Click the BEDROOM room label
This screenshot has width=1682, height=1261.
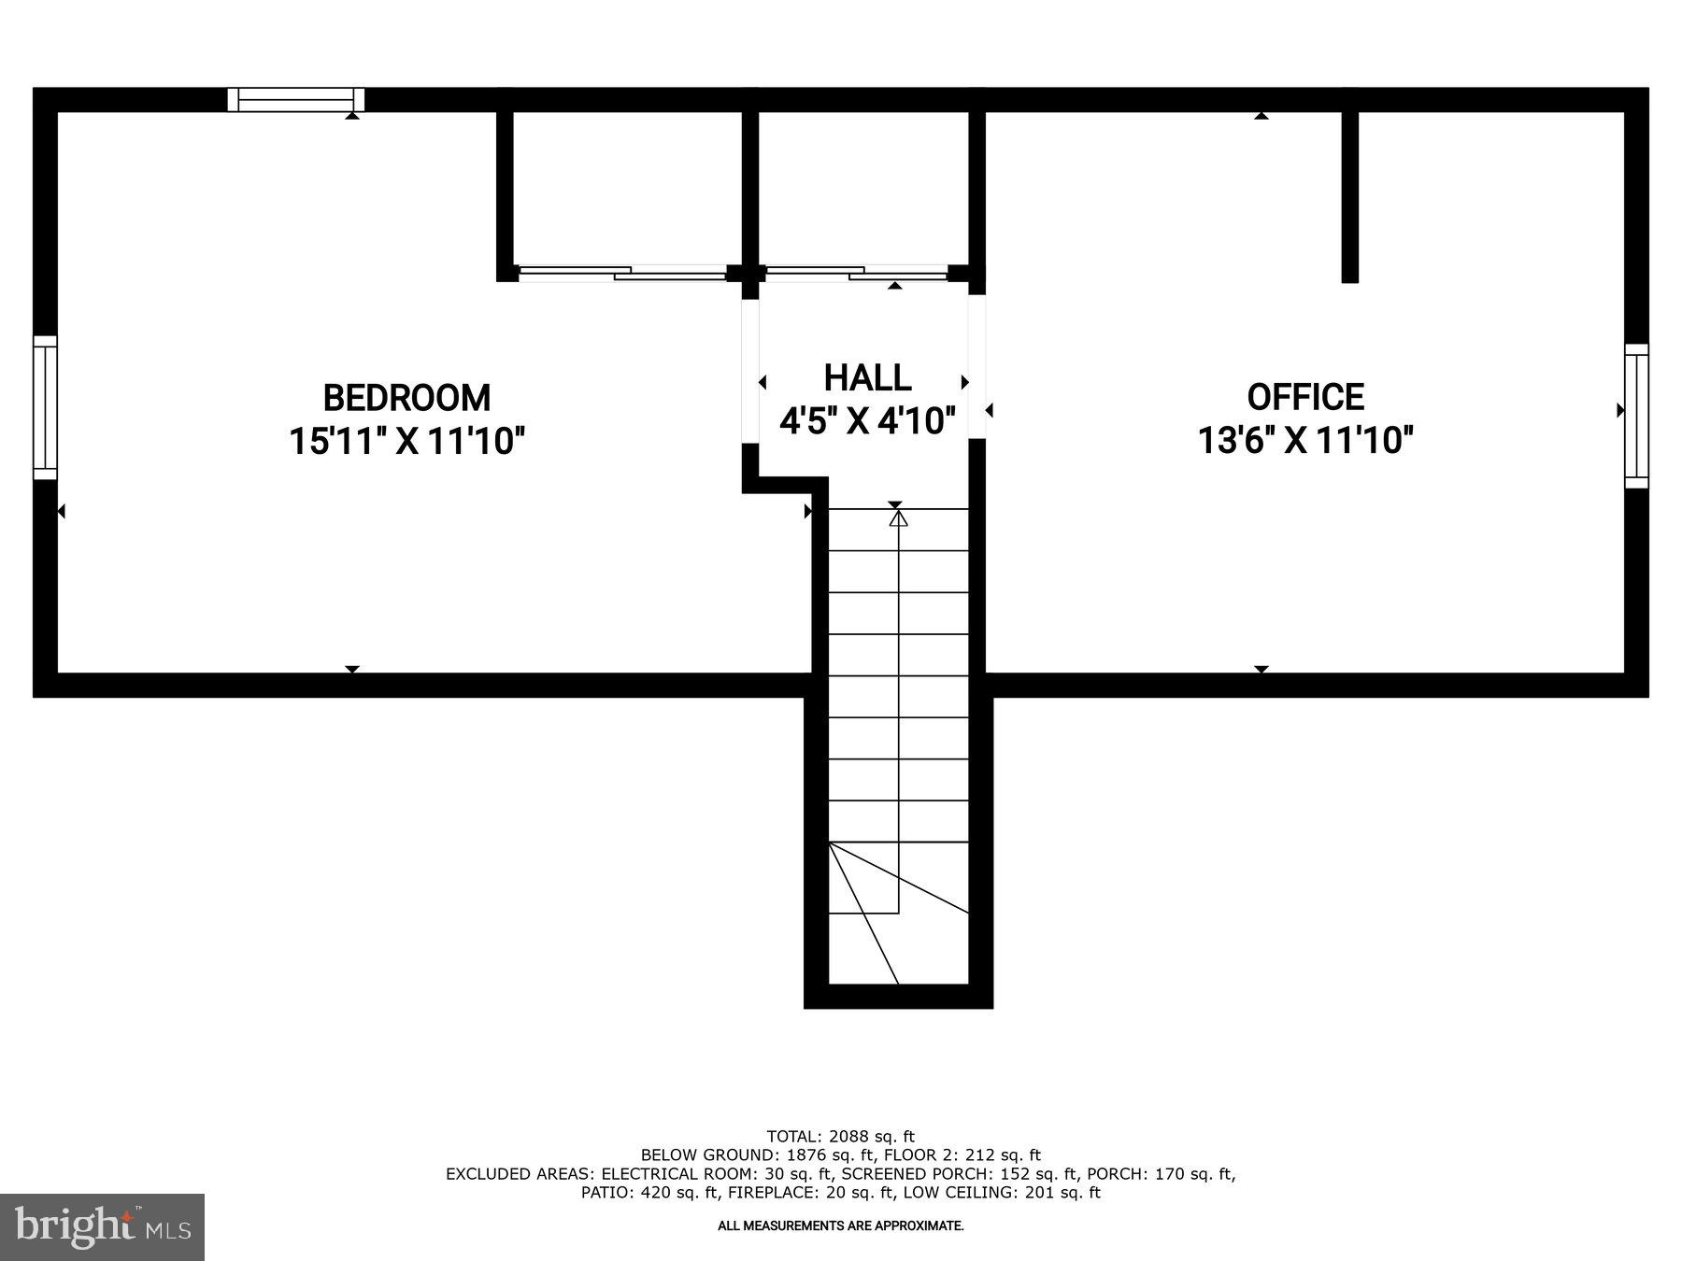[x=406, y=398]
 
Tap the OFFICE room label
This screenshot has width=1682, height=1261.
[x=1305, y=397]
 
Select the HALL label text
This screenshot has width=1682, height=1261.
[x=867, y=378]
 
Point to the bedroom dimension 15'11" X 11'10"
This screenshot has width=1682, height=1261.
[x=406, y=440]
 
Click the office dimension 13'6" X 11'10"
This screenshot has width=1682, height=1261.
[x=1305, y=439]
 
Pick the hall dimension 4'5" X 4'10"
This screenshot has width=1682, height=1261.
[x=867, y=421]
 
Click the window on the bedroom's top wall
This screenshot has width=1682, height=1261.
[x=296, y=100]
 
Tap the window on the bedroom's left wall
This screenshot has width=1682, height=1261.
[x=45, y=407]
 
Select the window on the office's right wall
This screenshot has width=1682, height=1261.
[x=1636, y=416]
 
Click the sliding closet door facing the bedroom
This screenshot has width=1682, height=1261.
[x=622, y=273]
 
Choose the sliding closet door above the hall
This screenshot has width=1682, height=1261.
[x=856, y=273]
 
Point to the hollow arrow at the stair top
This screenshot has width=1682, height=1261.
[x=898, y=517]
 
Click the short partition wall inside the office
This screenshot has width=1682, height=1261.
[x=1349, y=196]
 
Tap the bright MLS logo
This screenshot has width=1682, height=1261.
[x=102, y=1226]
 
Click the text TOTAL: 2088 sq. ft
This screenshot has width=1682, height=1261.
[x=840, y=1137]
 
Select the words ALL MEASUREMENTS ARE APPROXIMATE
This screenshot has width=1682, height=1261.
[x=840, y=1226]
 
